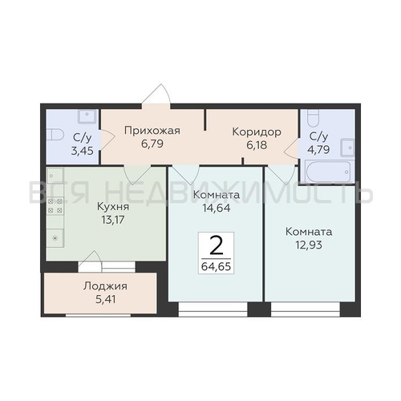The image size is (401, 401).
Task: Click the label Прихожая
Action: [152, 131]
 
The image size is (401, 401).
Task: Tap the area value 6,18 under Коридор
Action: [257, 145]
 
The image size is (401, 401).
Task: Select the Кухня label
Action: [113, 207]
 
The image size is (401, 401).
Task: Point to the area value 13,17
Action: [113, 220]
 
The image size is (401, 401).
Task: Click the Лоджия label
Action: [105, 286]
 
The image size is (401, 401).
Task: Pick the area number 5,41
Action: [105, 299]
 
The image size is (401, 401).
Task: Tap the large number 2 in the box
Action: [217, 246]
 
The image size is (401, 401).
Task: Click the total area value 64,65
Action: [216, 266]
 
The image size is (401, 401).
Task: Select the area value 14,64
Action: [217, 208]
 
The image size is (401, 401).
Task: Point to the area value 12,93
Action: [309, 245]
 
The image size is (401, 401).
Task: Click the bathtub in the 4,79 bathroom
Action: [328, 172]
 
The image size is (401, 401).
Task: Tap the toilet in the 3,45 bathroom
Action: [55, 135]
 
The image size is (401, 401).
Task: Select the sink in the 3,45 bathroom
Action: [87, 116]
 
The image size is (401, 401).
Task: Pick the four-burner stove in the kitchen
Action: [55, 206]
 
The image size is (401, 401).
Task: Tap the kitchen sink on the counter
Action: [55, 176]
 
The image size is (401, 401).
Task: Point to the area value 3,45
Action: [83, 151]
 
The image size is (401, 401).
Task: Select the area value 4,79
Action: [318, 150]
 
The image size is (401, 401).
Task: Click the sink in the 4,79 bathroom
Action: [347, 148]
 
